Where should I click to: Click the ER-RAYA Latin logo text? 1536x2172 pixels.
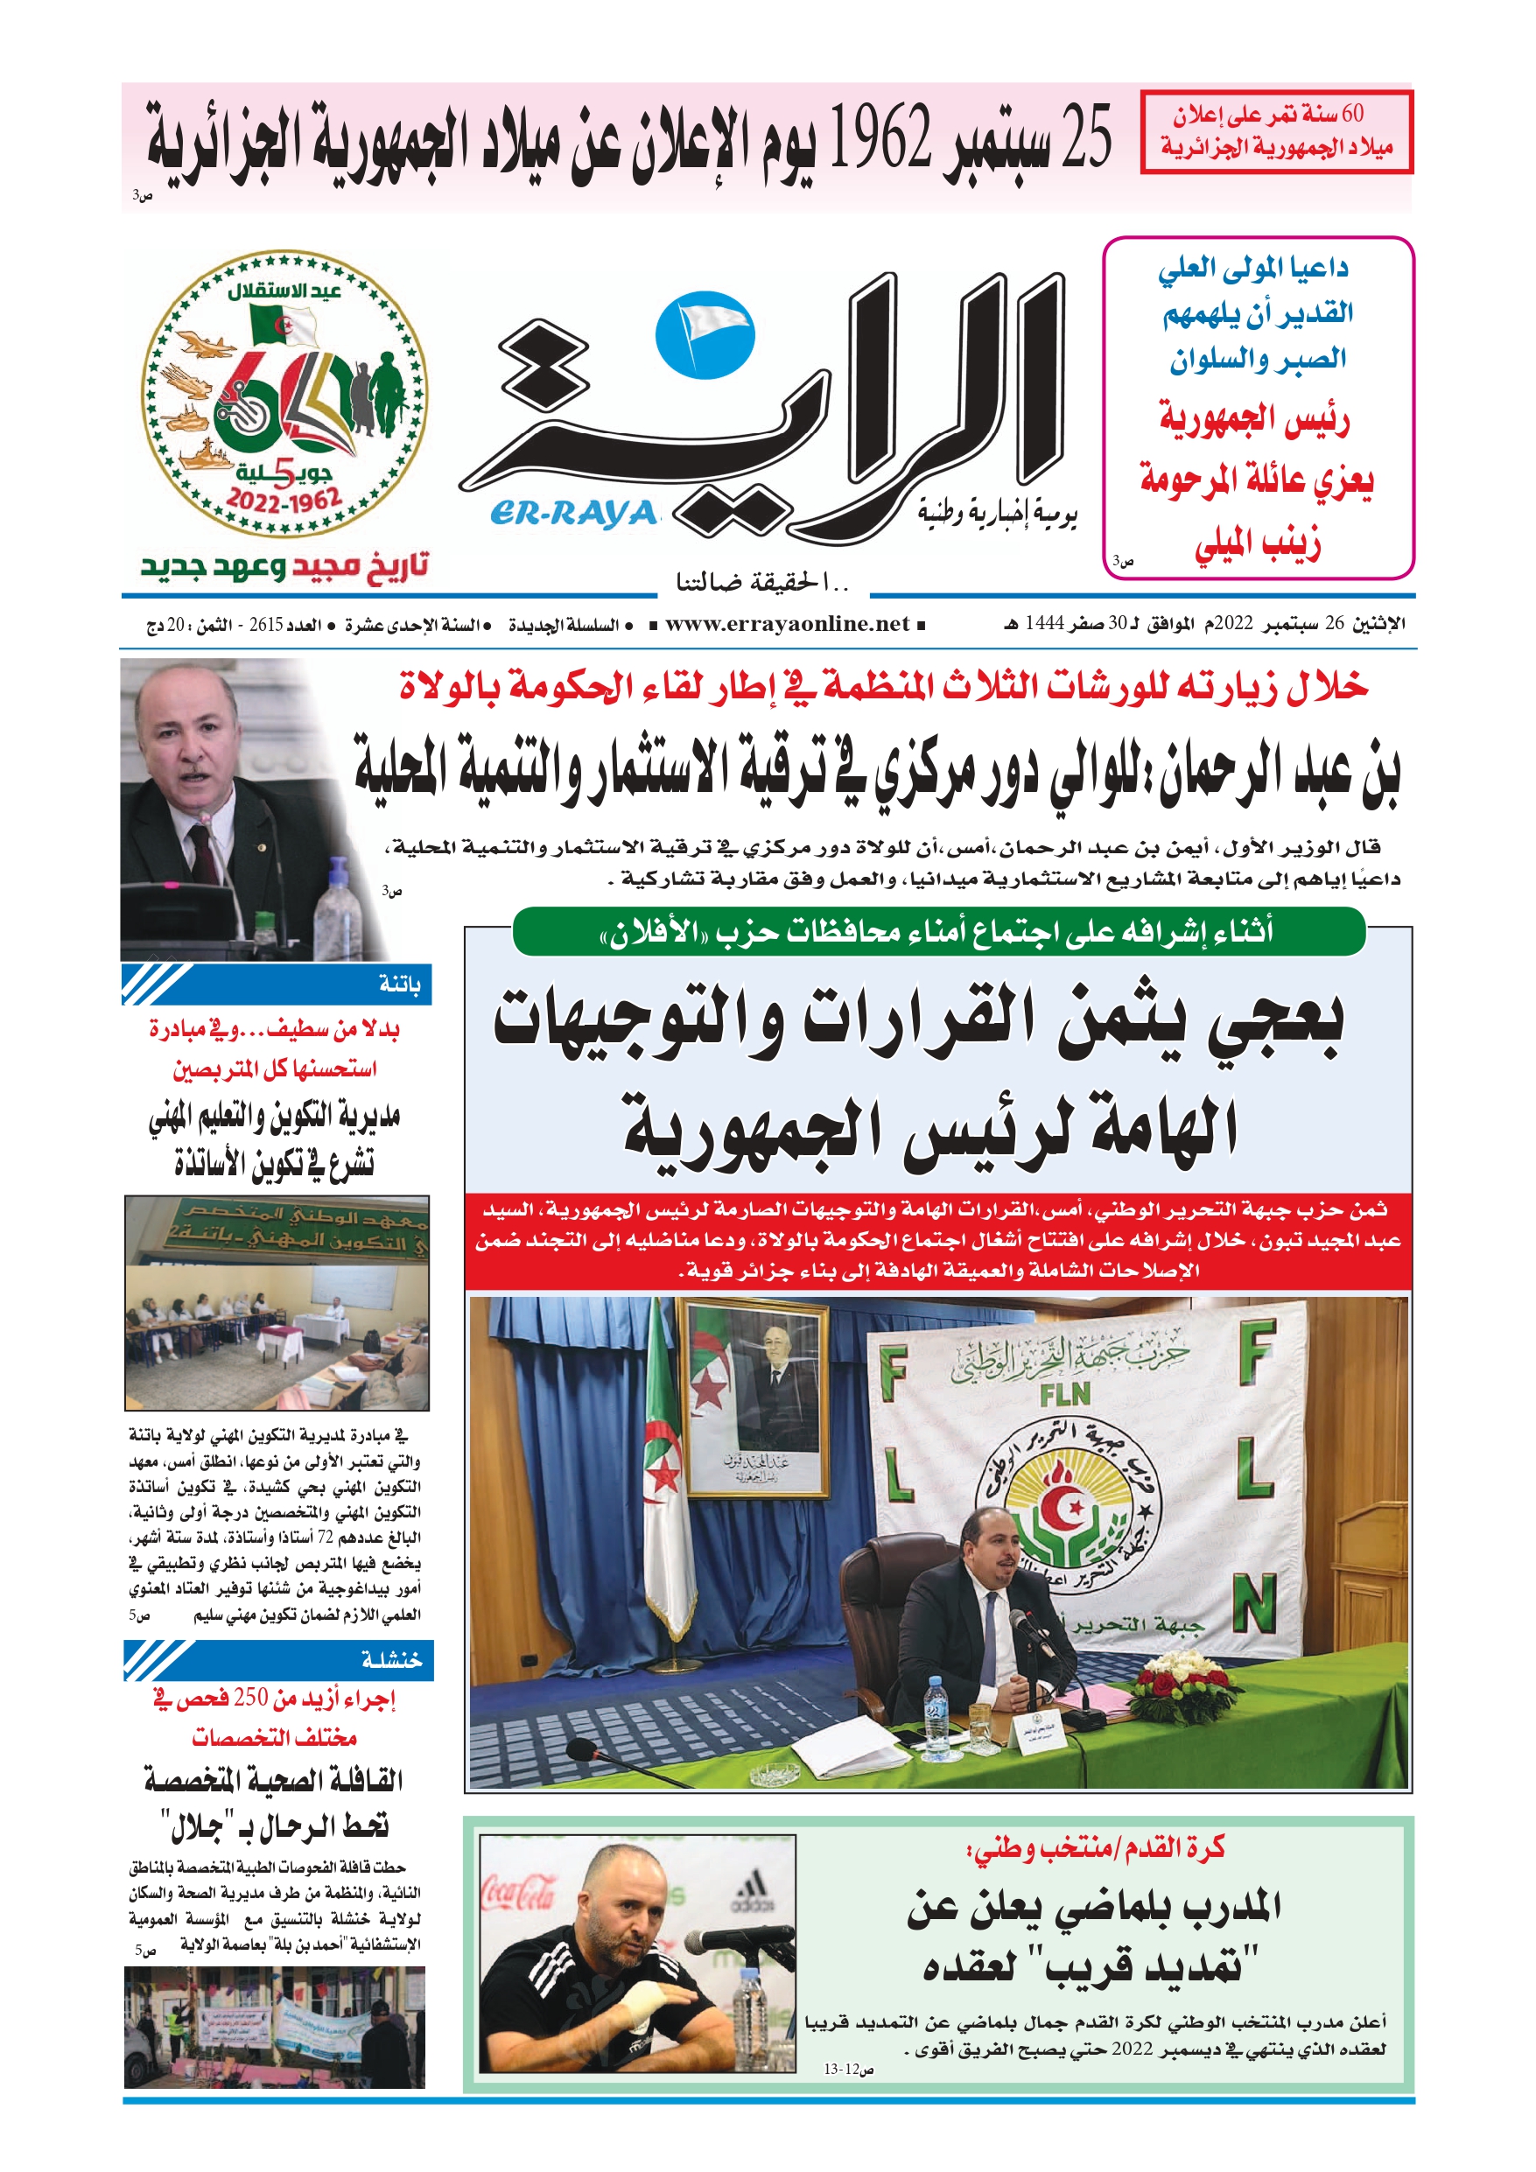pyautogui.click(x=572, y=513)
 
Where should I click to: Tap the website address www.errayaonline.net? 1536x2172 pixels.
pyautogui.click(x=787, y=624)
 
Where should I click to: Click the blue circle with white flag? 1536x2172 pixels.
pyautogui.click(x=705, y=335)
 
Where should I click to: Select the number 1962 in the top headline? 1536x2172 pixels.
pyautogui.click(x=880, y=139)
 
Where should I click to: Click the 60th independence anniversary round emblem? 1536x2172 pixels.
pyautogui.click(x=284, y=394)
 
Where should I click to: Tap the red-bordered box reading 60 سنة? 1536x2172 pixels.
pyautogui.click(x=1275, y=132)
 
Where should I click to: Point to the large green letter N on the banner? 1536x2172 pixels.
pyautogui.click(x=1254, y=1604)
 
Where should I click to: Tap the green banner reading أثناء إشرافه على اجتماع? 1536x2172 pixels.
pyautogui.click(x=938, y=932)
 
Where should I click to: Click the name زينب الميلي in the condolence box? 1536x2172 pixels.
pyautogui.click(x=1256, y=546)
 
